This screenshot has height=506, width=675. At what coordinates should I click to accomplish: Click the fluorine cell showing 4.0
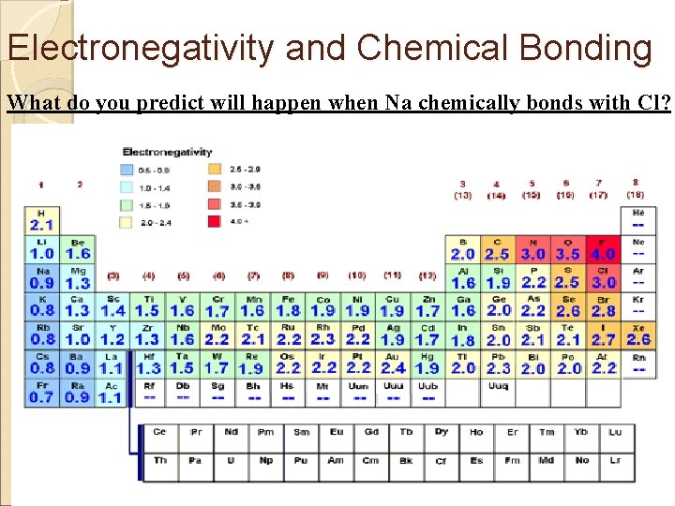coord(602,249)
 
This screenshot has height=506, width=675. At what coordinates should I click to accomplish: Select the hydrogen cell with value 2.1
coord(41,220)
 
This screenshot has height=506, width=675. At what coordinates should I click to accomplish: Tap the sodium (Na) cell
coord(41,277)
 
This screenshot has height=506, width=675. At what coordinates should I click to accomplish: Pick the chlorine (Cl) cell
coord(602,277)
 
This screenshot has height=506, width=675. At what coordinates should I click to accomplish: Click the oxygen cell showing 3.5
coord(567,249)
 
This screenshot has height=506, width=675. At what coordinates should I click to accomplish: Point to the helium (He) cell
coord(637,220)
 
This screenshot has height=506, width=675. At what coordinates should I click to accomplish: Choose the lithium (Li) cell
coord(41,249)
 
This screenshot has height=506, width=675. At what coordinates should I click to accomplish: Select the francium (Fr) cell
coord(41,391)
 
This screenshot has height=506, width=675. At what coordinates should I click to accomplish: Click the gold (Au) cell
coord(393,363)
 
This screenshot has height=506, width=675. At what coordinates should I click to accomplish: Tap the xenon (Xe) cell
coord(637,335)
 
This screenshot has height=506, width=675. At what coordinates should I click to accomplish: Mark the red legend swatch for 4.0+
coord(213,221)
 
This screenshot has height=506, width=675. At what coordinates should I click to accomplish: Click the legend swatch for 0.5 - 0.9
coord(127,170)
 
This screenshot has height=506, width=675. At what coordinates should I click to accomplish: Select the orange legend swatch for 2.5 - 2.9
coord(213,170)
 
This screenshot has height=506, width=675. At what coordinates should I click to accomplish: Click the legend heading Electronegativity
coord(167,152)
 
